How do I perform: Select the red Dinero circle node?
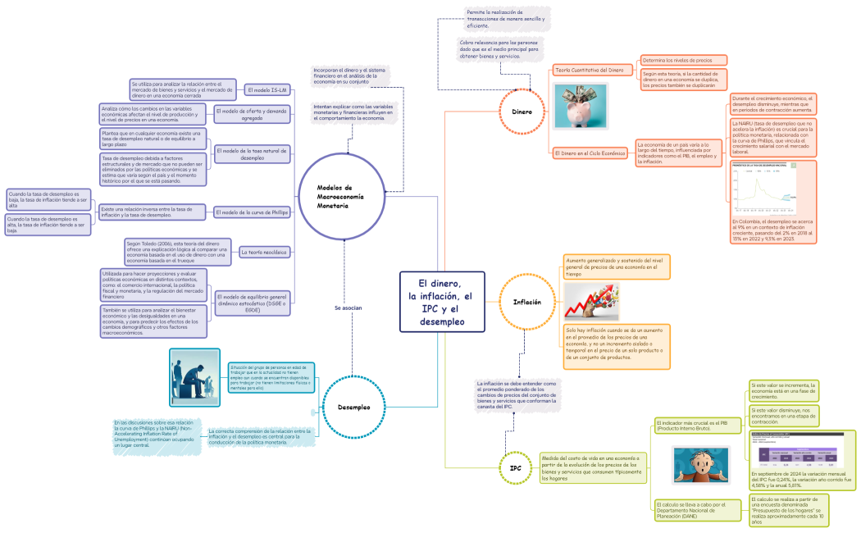[522, 111]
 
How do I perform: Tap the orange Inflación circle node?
[526, 302]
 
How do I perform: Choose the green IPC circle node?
[515, 468]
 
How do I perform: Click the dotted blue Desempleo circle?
[353, 407]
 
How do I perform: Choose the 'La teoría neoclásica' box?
[264, 253]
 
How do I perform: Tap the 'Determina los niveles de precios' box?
[683, 61]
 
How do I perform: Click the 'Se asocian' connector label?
[348, 307]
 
